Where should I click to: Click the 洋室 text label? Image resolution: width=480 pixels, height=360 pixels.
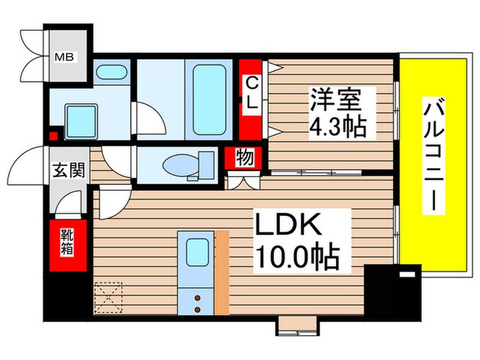coord(333,100)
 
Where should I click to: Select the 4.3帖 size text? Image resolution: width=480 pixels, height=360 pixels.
coord(336,126)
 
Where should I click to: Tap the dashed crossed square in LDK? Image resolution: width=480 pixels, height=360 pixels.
coord(107,298)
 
